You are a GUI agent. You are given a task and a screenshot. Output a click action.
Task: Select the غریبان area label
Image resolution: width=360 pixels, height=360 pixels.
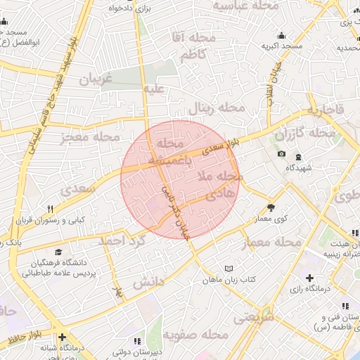coord(95,80)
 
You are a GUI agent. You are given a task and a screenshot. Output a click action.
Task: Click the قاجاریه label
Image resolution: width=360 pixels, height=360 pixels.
coord(326,110)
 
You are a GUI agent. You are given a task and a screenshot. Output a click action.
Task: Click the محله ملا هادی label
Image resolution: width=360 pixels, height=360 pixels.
coord(221,184)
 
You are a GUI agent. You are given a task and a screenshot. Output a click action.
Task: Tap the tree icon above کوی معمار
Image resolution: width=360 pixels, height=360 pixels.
coord(271,207)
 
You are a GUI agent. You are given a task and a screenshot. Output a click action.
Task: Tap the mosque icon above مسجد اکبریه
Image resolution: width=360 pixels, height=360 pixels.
coord(282,36)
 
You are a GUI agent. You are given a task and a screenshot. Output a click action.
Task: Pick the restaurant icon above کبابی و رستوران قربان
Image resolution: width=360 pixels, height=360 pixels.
coord(50,209)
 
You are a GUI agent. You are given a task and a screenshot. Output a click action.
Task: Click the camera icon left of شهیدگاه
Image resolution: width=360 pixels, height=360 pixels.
coord(282,154)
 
